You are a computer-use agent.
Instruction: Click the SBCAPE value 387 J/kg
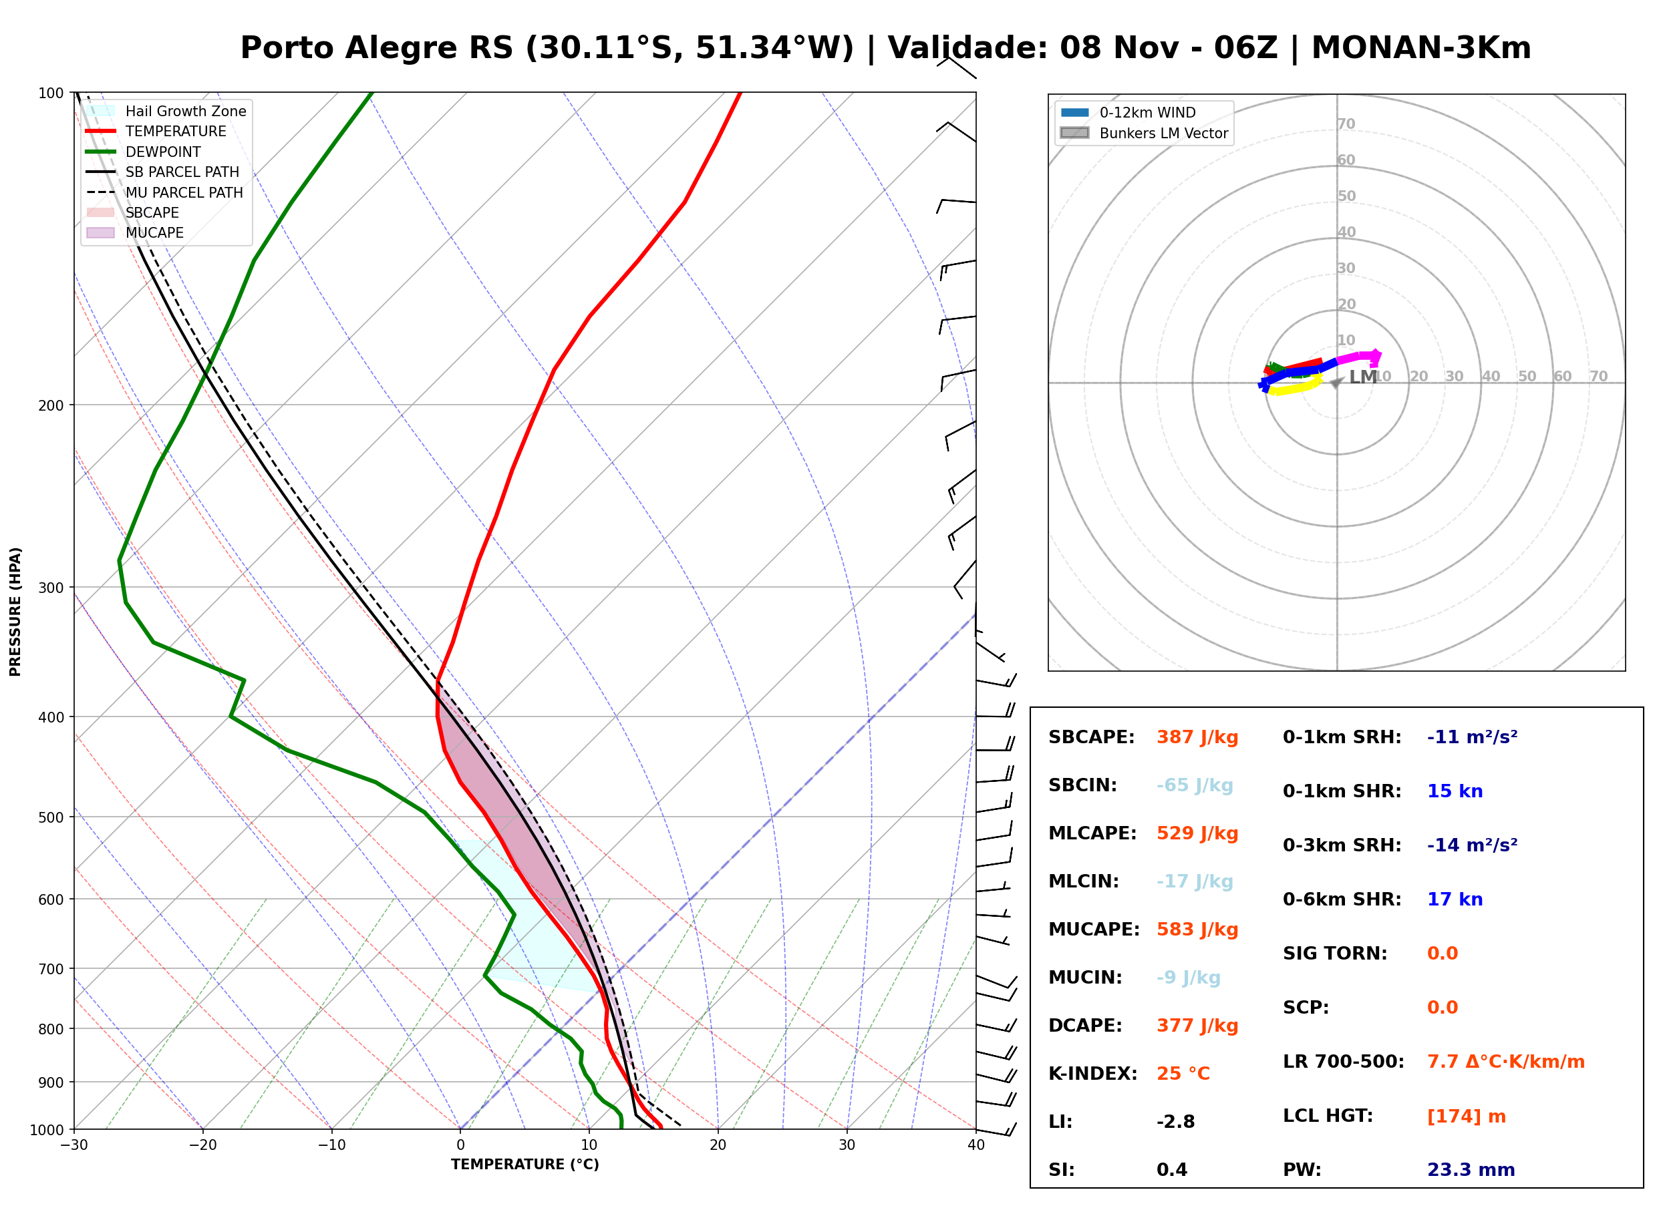[x=1197, y=737]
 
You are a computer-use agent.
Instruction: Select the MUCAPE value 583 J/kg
[x=1197, y=929]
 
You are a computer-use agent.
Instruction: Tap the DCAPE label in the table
[x=1084, y=1025]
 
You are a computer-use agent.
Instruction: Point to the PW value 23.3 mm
[x=1470, y=1169]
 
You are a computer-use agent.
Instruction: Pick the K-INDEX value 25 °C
[x=1183, y=1073]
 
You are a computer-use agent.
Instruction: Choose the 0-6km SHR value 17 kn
[x=1455, y=899]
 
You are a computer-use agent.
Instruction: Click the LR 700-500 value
[x=1506, y=1062]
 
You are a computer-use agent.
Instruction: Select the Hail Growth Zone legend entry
[x=166, y=111]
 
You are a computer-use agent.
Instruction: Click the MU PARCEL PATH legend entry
[x=165, y=192]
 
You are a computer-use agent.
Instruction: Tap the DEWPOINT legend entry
[x=144, y=152]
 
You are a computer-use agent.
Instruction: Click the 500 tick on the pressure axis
[x=51, y=817]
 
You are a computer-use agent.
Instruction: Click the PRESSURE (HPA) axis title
[x=15, y=612]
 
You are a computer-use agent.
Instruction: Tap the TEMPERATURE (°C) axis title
[x=525, y=1165]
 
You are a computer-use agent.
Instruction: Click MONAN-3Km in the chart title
[x=1420, y=48]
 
